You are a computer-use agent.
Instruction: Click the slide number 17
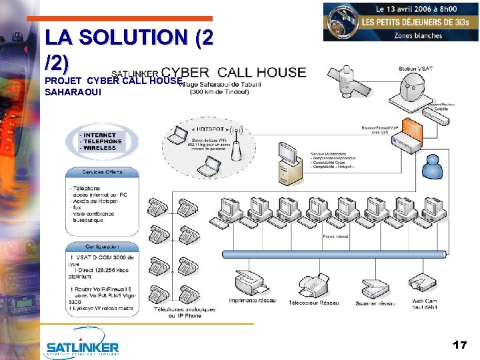click(x=459, y=345)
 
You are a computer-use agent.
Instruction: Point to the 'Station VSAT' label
click(x=417, y=69)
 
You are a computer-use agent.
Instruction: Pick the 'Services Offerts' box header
click(x=102, y=172)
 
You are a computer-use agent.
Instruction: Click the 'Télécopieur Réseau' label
click(x=313, y=303)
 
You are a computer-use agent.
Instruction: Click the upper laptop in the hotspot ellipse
click(x=177, y=136)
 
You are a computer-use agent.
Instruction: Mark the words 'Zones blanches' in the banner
click(x=418, y=35)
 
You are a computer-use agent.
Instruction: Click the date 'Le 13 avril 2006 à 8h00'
click(x=418, y=9)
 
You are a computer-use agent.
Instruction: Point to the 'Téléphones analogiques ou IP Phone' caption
click(x=185, y=312)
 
